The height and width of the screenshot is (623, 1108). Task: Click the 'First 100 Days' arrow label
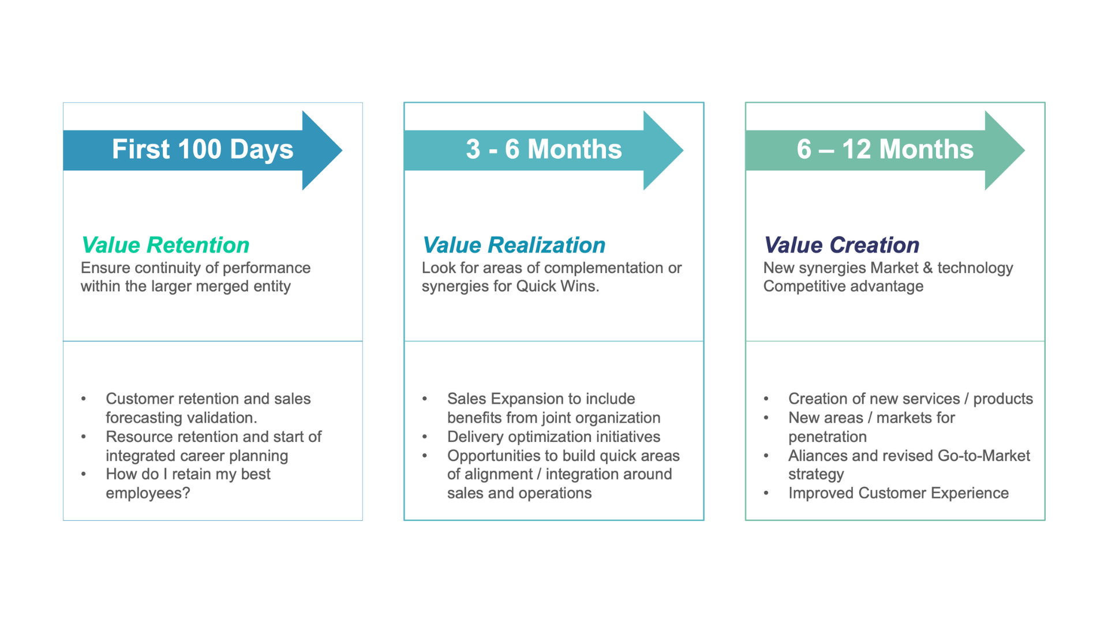point(203,149)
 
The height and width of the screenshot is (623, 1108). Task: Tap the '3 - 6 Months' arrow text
point(544,149)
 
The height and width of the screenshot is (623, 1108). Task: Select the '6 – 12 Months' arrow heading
point(885,149)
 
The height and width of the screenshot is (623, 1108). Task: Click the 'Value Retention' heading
point(165,245)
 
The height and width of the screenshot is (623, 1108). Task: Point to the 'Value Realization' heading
point(514,245)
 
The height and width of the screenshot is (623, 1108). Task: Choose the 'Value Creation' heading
point(841,245)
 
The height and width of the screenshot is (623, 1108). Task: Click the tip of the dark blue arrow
point(342,151)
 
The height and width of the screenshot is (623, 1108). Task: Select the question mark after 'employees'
point(186,493)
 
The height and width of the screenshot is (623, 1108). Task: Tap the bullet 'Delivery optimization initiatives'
point(553,437)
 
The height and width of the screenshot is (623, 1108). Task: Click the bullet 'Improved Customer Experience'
point(899,493)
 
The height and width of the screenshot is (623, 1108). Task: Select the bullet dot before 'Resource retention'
point(84,437)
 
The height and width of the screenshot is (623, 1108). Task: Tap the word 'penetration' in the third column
point(828,437)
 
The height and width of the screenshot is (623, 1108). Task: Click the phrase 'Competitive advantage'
point(843,286)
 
